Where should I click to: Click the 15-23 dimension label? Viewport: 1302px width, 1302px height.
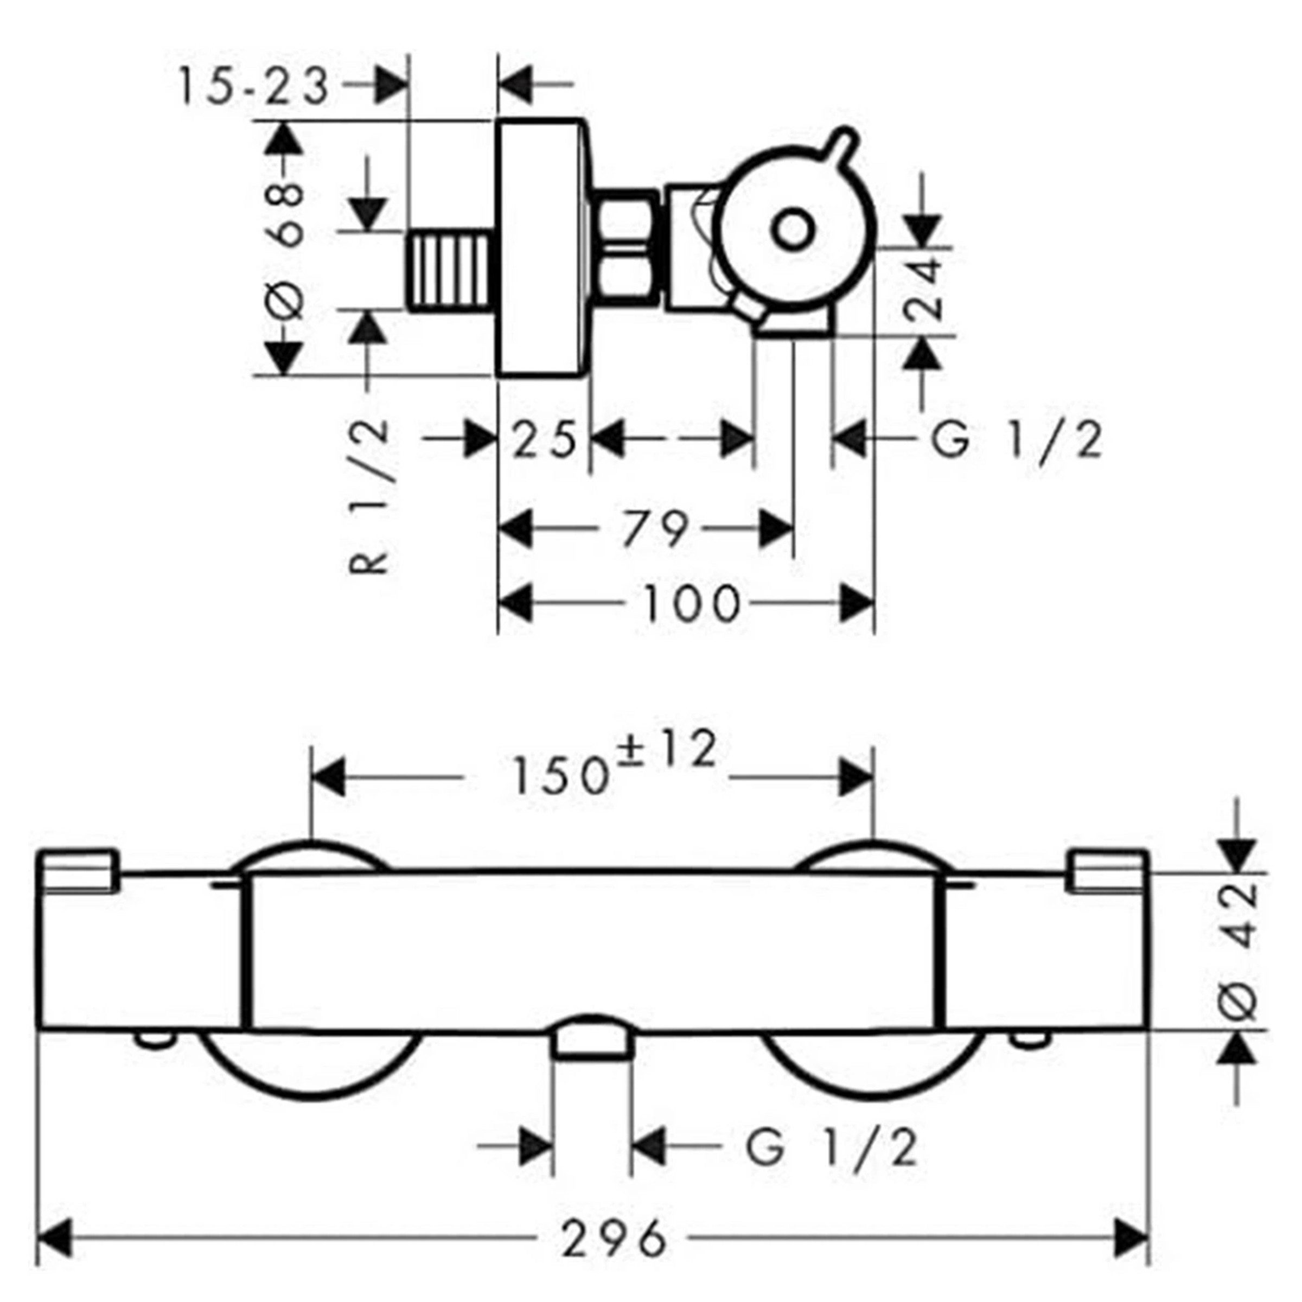pyautogui.click(x=253, y=86)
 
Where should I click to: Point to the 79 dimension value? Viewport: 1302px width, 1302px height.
pyautogui.click(x=654, y=529)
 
